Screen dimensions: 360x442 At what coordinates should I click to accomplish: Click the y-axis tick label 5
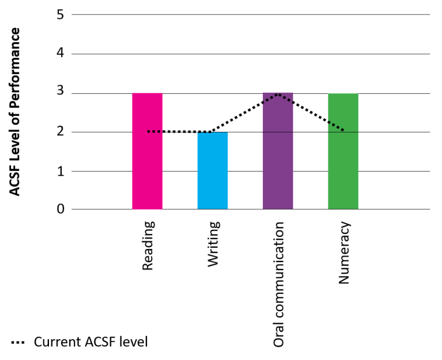point(60,14)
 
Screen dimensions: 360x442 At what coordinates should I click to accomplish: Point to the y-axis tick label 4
point(60,54)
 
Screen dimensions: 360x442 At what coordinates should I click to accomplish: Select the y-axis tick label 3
point(60,93)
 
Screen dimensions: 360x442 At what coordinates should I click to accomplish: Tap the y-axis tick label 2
point(60,132)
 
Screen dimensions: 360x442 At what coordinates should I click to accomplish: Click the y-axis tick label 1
point(60,171)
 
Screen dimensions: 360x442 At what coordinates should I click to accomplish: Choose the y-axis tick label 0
point(60,210)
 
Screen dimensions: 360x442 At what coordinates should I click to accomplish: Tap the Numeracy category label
point(344,252)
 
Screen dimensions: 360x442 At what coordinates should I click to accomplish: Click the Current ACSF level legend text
point(91,342)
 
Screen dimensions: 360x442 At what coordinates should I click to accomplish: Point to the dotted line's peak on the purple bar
point(278,94)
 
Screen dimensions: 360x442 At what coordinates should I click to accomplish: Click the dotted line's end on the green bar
point(343,131)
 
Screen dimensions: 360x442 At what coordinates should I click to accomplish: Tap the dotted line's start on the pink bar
point(149,131)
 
